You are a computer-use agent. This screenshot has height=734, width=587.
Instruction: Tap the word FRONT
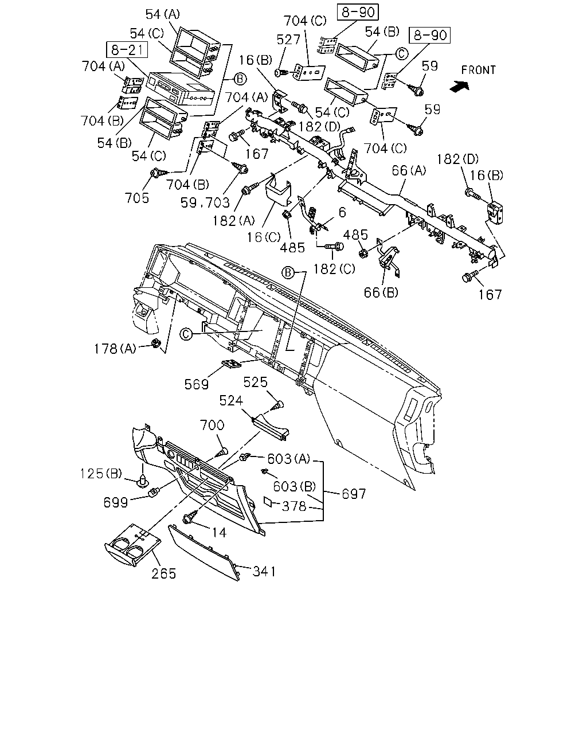(x=478, y=71)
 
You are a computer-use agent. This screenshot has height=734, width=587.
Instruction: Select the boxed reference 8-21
(x=127, y=50)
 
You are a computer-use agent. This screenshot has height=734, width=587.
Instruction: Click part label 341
(x=264, y=571)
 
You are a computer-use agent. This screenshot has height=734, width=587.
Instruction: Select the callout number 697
(x=354, y=494)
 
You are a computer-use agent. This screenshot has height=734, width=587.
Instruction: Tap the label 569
(x=197, y=384)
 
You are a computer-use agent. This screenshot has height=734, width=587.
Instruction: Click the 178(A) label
(x=115, y=349)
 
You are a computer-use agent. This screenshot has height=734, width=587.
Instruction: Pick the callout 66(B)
(x=381, y=292)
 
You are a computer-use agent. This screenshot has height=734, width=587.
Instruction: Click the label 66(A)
(x=409, y=170)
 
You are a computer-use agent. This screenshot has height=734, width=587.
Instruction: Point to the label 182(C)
(x=334, y=269)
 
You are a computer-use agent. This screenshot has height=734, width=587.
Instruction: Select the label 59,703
(x=205, y=202)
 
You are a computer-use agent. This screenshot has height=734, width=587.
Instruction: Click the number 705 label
(x=137, y=198)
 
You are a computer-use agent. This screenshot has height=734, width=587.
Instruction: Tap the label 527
(x=288, y=40)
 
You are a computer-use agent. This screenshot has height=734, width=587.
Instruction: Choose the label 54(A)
(x=163, y=14)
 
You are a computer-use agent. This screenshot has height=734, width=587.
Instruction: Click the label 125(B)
(x=101, y=474)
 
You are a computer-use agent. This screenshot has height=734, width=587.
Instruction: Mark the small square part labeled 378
(x=269, y=502)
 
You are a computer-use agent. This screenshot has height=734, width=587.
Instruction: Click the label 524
(x=231, y=400)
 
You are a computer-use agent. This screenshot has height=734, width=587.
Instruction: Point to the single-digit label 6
(x=342, y=212)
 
